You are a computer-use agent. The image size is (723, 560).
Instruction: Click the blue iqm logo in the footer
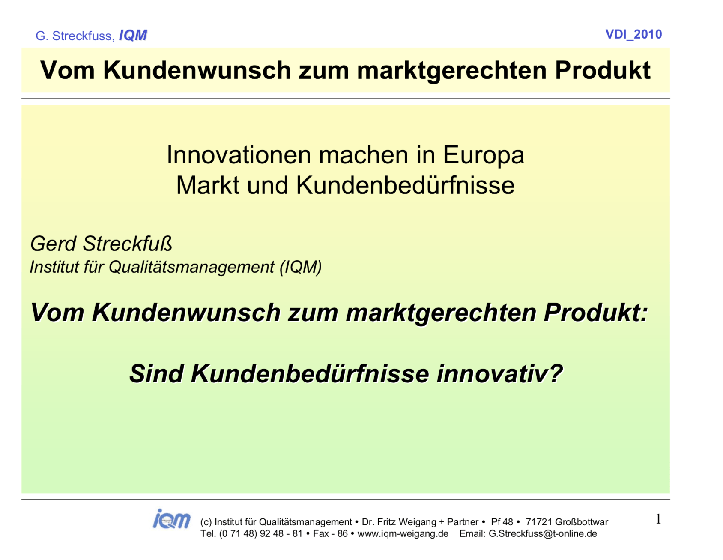click(172, 519)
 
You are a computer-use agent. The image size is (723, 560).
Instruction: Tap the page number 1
click(658, 519)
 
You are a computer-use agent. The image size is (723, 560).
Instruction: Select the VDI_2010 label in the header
click(633, 34)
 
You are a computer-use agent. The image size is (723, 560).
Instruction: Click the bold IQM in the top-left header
click(133, 35)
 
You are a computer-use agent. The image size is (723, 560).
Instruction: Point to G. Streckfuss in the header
click(75, 36)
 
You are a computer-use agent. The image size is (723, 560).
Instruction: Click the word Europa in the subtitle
click(483, 155)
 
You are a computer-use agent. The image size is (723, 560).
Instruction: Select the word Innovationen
click(239, 155)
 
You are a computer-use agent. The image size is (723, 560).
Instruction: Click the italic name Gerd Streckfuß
click(101, 244)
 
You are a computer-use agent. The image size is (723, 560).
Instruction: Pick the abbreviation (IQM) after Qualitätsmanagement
click(300, 267)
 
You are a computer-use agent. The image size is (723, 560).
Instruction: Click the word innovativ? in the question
click(499, 373)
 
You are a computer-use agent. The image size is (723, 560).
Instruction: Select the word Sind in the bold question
click(156, 373)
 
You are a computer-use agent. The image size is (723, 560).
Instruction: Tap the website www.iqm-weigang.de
click(403, 534)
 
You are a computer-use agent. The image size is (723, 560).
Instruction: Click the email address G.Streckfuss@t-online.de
click(543, 534)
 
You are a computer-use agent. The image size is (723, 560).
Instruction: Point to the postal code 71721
click(539, 522)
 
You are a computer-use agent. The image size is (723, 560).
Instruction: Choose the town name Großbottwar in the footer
click(582, 522)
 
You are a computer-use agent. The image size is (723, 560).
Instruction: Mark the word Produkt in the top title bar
click(603, 70)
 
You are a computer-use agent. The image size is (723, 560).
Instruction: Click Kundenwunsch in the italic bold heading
click(186, 312)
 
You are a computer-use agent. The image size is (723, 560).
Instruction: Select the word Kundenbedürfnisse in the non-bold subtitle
click(405, 185)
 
